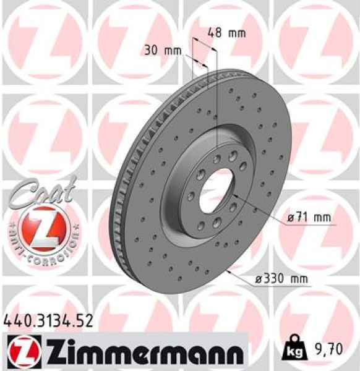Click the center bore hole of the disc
tap(214, 185)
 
